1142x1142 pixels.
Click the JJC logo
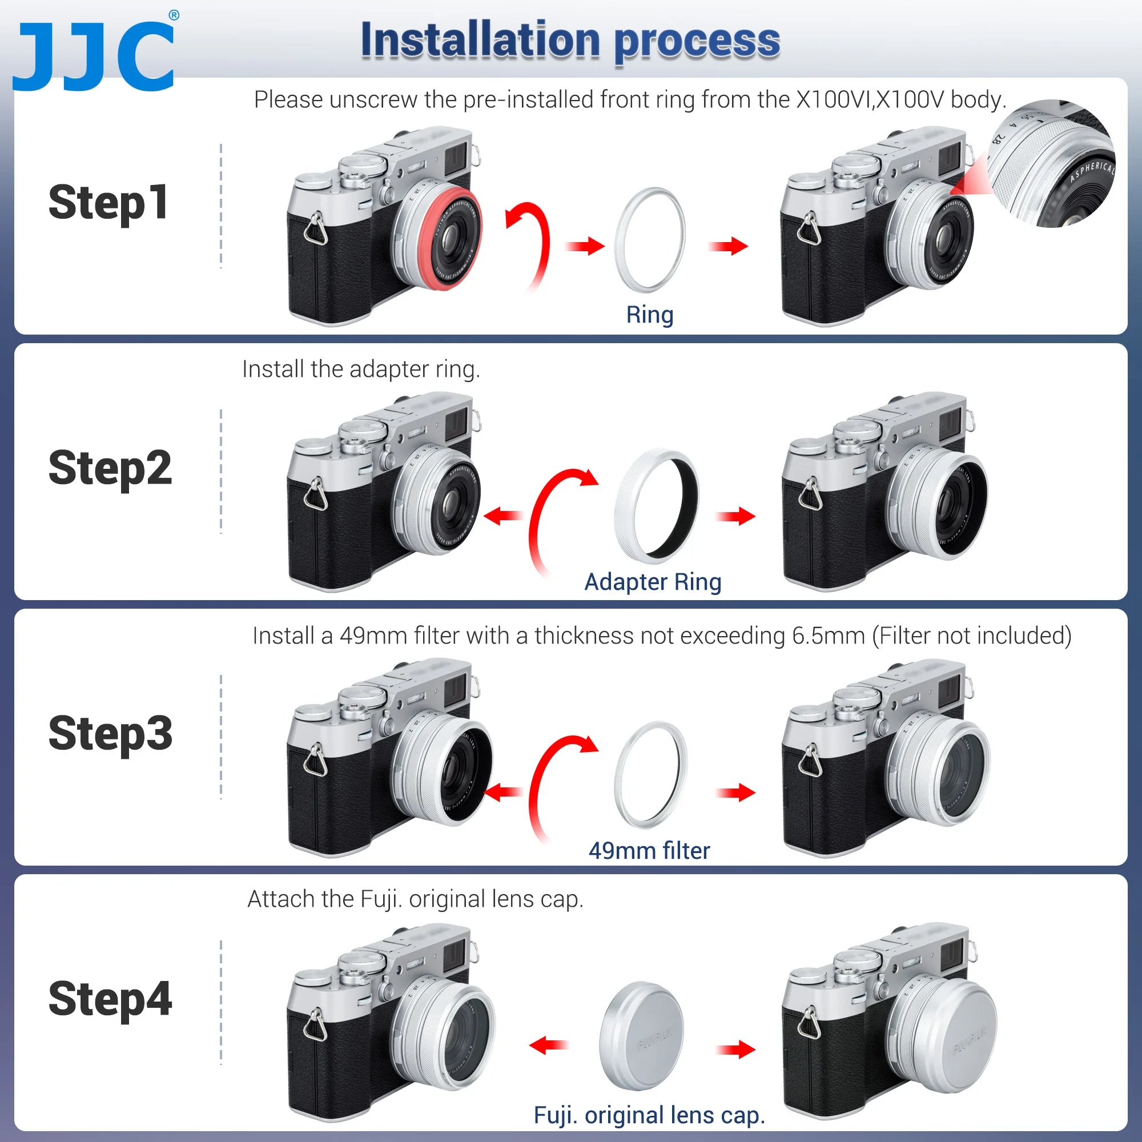click(95, 54)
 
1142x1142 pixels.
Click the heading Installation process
click(570, 40)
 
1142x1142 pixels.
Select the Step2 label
click(110, 468)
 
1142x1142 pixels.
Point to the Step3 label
click(110, 734)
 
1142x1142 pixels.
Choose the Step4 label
click(110, 999)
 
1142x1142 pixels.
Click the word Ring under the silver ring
click(650, 315)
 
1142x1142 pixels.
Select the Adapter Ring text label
click(653, 582)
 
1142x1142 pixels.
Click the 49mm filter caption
click(649, 851)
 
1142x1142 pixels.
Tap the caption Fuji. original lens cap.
click(649, 1115)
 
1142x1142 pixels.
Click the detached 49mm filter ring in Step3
click(650, 774)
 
